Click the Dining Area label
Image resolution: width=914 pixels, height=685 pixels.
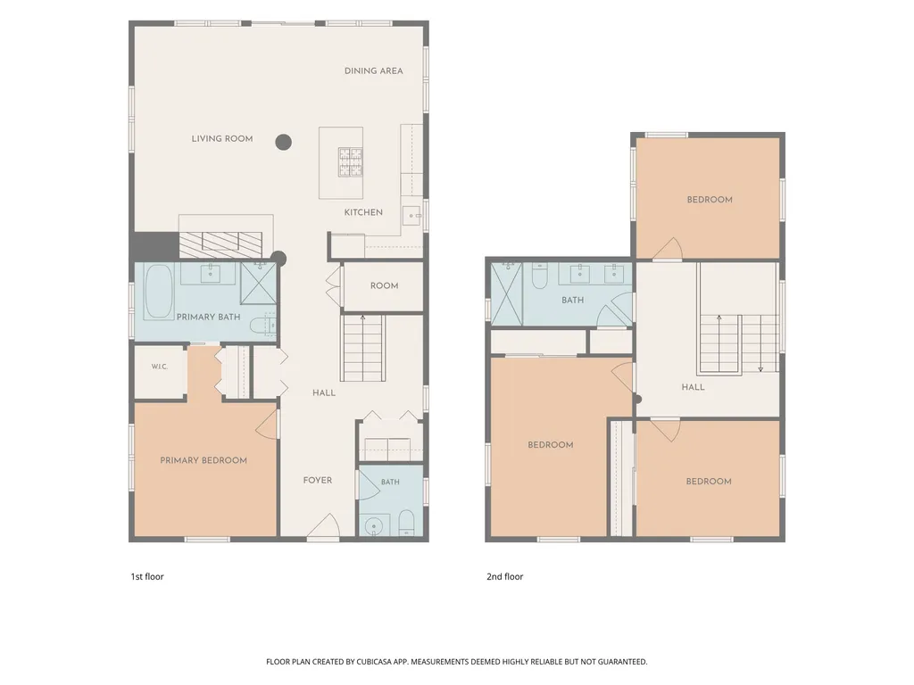point(374,71)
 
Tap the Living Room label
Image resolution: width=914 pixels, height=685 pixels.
point(222,138)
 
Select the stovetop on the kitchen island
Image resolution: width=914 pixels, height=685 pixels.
point(350,161)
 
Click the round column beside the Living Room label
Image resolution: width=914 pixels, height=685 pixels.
point(283,142)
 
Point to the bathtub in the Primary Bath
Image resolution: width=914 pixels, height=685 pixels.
point(159,292)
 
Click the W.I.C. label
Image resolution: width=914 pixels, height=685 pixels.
point(159,367)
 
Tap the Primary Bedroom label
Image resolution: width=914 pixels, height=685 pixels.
point(204,460)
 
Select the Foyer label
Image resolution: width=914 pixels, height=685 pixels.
point(318,480)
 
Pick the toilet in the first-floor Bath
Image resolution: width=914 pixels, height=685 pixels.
point(406,523)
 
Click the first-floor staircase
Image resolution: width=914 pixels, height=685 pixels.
point(362,349)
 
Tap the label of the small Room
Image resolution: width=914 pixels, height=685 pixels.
point(384,285)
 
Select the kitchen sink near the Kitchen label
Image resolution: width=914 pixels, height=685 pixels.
point(412,215)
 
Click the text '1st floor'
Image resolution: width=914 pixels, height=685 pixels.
point(147,577)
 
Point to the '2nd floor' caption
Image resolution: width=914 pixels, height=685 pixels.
point(505,577)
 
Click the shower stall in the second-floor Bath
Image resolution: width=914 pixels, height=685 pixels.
point(507,293)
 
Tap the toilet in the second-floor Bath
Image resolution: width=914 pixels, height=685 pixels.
point(539,276)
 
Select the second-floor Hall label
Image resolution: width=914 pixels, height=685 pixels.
point(693,387)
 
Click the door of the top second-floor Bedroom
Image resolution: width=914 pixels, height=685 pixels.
point(668,250)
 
